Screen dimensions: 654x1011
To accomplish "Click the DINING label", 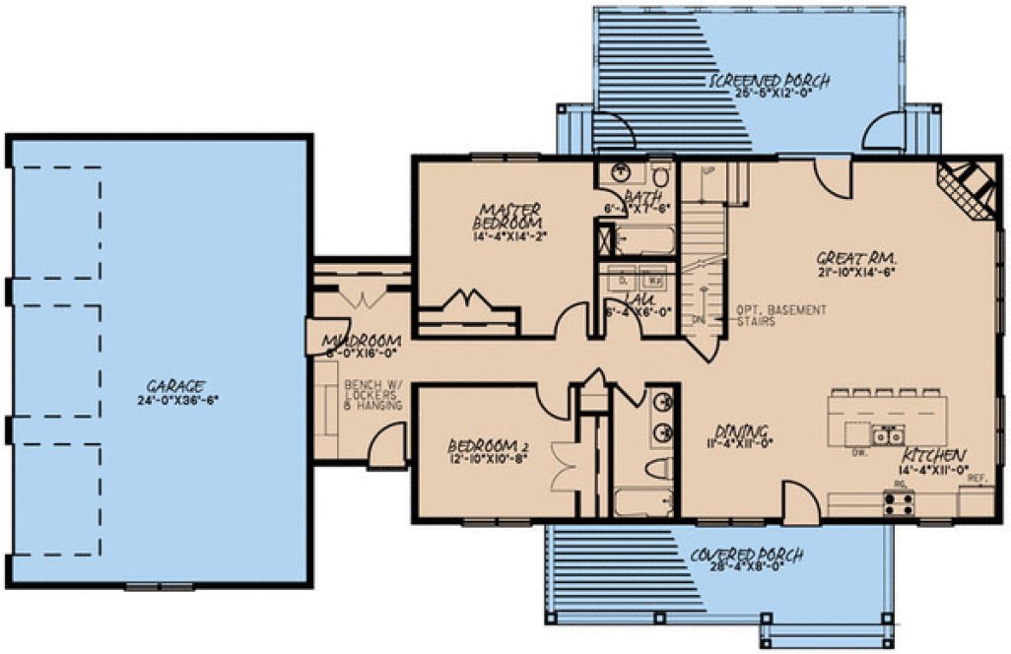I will [x=741, y=430].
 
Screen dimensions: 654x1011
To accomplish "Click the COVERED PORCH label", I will [x=746, y=556].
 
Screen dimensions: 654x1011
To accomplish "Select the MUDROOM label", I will [x=360, y=343].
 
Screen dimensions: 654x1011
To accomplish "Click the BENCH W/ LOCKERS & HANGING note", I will [x=372, y=395].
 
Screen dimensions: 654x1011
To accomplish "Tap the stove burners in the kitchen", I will [x=898, y=505].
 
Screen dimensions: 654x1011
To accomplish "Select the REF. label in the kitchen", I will [x=977, y=478].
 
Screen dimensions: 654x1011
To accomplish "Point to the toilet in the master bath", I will [x=660, y=176].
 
